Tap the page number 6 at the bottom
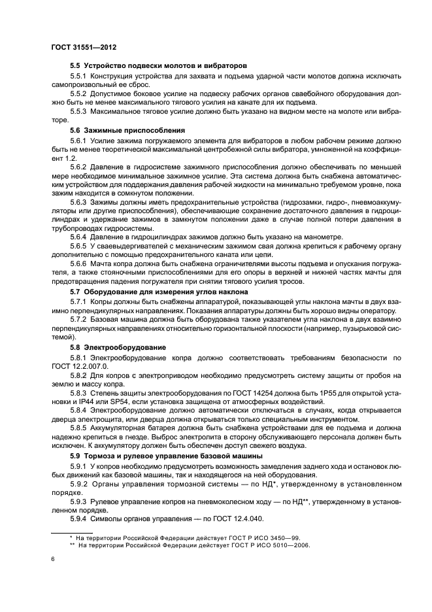[52, 559]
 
